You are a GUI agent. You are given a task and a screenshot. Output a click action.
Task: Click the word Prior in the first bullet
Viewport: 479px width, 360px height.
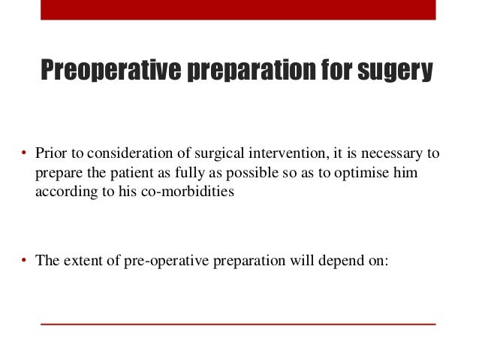coord(50,155)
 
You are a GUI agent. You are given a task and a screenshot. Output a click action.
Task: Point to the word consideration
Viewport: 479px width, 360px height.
coord(129,155)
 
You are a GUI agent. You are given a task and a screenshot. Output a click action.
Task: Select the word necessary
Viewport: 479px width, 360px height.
coord(389,155)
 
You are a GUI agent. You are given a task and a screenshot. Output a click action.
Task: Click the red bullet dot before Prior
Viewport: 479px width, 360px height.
coord(25,156)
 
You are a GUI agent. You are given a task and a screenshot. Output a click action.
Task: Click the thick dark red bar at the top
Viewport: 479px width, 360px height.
coord(238,10)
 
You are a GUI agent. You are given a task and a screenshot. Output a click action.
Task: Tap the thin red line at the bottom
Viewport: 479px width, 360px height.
coord(238,323)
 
